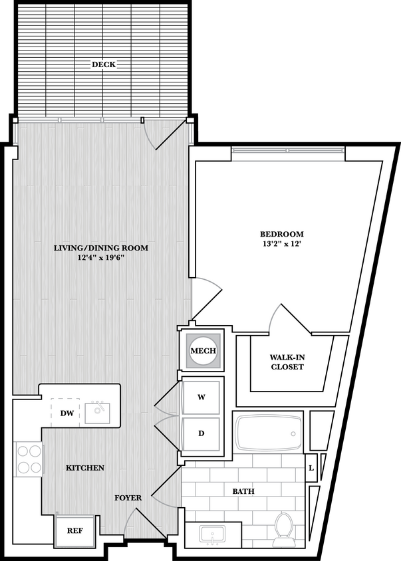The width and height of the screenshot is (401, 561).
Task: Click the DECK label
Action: (103, 64)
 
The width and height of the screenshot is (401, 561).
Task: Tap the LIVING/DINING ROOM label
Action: (101, 248)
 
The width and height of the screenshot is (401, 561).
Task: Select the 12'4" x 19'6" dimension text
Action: (101, 258)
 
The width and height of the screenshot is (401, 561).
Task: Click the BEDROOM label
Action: (281, 234)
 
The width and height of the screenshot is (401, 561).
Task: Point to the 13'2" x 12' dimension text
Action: (281, 244)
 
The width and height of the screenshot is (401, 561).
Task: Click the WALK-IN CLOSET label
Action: (287, 362)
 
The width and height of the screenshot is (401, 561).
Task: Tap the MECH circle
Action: (203, 351)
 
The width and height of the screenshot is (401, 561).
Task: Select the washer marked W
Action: (201, 397)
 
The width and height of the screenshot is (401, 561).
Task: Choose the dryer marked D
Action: (201, 433)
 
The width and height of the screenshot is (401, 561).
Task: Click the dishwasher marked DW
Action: (67, 413)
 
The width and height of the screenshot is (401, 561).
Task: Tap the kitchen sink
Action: (100, 412)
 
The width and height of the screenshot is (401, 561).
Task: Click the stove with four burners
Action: (28, 459)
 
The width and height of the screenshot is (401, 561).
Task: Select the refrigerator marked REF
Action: (74, 530)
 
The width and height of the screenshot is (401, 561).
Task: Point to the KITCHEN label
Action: (85, 468)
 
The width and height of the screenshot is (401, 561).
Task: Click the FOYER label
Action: (128, 497)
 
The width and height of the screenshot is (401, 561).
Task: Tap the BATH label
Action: (243, 491)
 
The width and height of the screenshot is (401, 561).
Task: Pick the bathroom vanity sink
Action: (213, 534)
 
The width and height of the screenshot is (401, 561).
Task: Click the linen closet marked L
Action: (311, 468)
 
